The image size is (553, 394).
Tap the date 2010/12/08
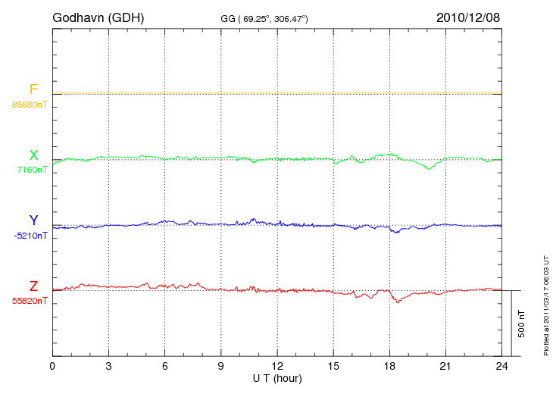point(468,17)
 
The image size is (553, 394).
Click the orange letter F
point(33,90)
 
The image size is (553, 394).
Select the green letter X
point(33,155)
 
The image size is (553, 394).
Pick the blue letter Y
point(33,220)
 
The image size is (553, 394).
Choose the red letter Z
point(33,286)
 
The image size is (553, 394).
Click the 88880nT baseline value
point(29,104)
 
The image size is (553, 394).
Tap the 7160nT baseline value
point(32,170)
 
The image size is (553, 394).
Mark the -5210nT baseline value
point(30,236)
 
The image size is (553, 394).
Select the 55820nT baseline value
point(29,301)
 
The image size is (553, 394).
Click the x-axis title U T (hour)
point(276,378)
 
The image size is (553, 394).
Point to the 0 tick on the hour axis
point(52,366)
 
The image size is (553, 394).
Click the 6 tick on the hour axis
point(164,366)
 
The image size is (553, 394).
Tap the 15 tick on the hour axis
point(333,366)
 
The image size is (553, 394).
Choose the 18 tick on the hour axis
point(389,366)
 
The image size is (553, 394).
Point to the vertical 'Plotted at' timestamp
point(545,303)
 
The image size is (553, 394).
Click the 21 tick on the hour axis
point(445,366)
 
